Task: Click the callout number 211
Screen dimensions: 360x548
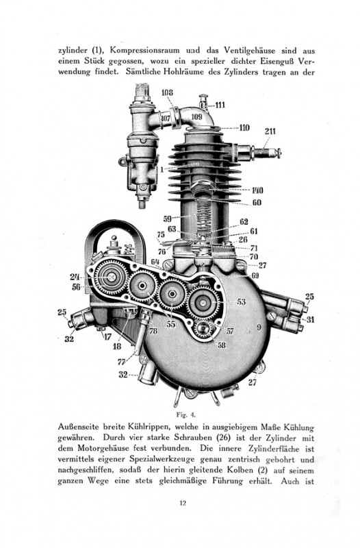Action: tap(270, 132)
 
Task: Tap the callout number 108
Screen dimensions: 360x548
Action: tap(167, 92)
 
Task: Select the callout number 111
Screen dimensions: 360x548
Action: tap(220, 105)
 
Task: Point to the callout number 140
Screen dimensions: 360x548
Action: tap(257, 190)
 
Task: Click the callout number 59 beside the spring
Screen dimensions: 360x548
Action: tap(168, 219)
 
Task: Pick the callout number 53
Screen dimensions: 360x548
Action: tap(242, 301)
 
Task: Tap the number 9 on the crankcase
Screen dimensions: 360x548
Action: tap(259, 327)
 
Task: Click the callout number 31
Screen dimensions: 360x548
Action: tap(310, 319)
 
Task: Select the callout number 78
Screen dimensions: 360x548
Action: tap(153, 331)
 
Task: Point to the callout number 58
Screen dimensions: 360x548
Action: tap(222, 345)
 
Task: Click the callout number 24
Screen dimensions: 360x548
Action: tap(75, 277)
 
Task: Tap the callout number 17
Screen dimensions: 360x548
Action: tap(107, 337)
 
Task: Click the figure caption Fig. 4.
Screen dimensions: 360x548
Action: tap(186, 415)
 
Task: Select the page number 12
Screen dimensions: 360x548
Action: tap(183, 503)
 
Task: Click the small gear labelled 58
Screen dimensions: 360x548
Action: tap(205, 329)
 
